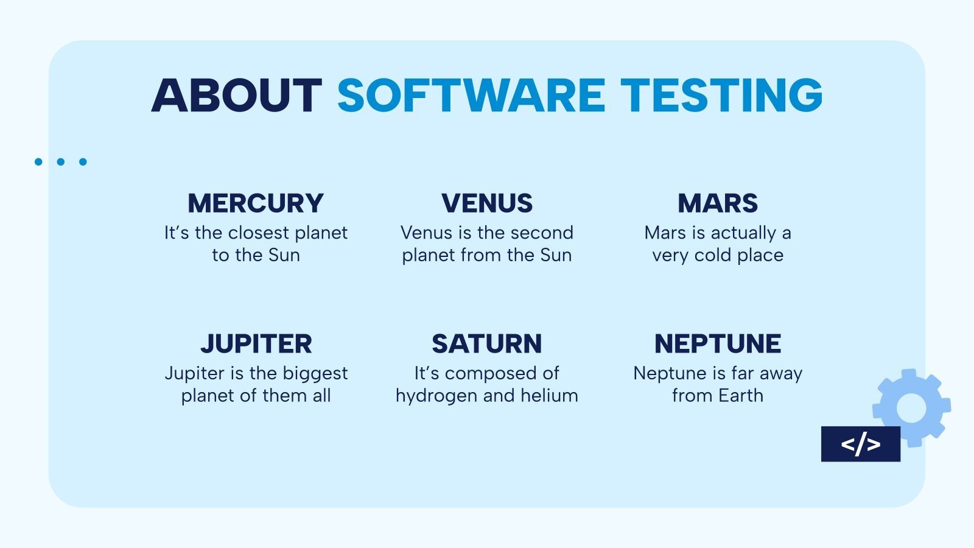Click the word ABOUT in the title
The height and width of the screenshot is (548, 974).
pyautogui.click(x=236, y=96)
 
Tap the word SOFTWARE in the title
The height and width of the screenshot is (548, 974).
pyautogui.click(x=471, y=96)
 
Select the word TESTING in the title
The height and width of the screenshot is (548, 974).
pyautogui.click(x=721, y=96)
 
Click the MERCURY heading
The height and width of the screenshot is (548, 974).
pyautogui.click(x=256, y=203)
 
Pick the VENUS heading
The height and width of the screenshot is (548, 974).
pyautogui.click(x=487, y=203)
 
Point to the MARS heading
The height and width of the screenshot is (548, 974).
pyautogui.click(x=718, y=203)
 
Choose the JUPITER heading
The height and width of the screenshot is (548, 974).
pyautogui.click(x=256, y=344)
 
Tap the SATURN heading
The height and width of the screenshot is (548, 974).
pyautogui.click(x=487, y=344)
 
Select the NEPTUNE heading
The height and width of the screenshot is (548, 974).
pyautogui.click(x=718, y=344)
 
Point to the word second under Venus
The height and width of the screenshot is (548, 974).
pyautogui.click(x=542, y=233)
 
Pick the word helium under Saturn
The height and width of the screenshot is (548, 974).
pyautogui.click(x=549, y=396)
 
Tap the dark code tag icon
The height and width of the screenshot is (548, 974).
pyautogui.click(x=860, y=444)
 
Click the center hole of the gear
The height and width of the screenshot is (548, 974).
pyautogui.click(x=911, y=408)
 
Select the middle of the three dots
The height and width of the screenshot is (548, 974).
pyautogui.click(x=61, y=162)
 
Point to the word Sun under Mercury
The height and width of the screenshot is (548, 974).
pyautogui.click(x=284, y=255)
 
